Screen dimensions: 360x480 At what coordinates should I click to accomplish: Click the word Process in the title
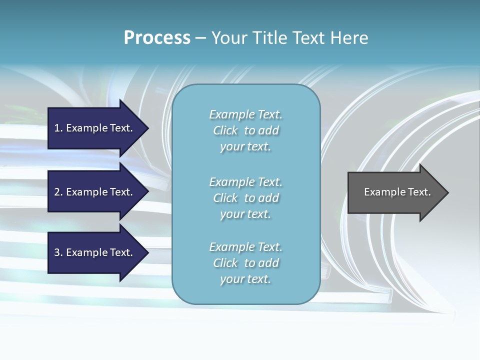(x=157, y=38)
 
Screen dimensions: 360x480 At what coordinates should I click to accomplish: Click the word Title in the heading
(x=269, y=38)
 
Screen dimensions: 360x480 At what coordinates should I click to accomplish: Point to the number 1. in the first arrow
(x=58, y=128)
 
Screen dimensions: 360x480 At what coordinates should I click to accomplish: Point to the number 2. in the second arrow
(x=58, y=192)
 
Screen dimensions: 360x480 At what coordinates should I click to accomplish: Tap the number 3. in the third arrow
(x=58, y=252)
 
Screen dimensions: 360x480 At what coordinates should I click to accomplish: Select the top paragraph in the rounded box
(x=245, y=130)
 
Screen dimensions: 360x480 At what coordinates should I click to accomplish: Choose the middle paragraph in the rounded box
(x=245, y=198)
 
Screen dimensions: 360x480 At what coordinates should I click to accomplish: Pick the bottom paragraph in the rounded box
(x=245, y=263)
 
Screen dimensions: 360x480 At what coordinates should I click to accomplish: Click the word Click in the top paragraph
(x=225, y=130)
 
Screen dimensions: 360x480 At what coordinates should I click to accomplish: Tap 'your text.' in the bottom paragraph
(x=245, y=279)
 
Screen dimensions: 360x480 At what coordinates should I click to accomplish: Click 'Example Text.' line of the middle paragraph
(x=245, y=182)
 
